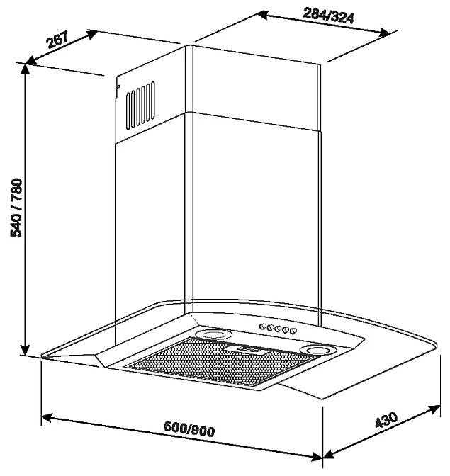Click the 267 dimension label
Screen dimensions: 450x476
coord(57,40)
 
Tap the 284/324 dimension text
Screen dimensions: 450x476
coord(329,16)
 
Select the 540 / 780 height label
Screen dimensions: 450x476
coord(16,208)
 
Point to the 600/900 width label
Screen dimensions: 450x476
coord(189,429)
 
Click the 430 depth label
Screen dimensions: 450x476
coord(386,420)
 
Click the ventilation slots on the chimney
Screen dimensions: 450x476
coord(140,106)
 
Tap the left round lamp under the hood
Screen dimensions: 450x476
coord(213,334)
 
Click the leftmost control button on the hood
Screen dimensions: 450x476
coord(263,327)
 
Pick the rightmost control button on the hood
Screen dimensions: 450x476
coord(293,331)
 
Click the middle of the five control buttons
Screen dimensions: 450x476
coord(278,329)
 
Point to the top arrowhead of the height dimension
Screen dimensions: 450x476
coord(26,69)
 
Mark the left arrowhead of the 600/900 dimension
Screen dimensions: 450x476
coord(47,418)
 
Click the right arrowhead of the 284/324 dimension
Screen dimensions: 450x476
coord(383,33)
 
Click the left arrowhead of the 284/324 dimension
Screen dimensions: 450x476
coord(262,15)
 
